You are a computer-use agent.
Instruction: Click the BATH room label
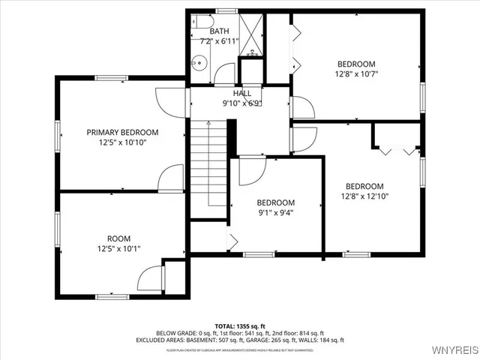point(220,31)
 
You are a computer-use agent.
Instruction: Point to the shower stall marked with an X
point(253,34)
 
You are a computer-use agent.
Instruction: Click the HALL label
point(241,93)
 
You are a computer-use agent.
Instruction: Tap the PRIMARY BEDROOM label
point(122,132)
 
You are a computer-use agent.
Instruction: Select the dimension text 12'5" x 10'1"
point(118,249)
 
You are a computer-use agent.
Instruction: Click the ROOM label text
point(118,238)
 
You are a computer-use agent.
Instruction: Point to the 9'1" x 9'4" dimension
point(275,212)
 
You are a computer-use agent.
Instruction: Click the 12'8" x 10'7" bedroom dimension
point(355,74)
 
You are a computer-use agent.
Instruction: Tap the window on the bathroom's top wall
point(226,11)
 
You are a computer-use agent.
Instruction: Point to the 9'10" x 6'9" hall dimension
point(241,103)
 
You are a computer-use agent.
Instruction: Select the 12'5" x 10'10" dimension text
point(122,142)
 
